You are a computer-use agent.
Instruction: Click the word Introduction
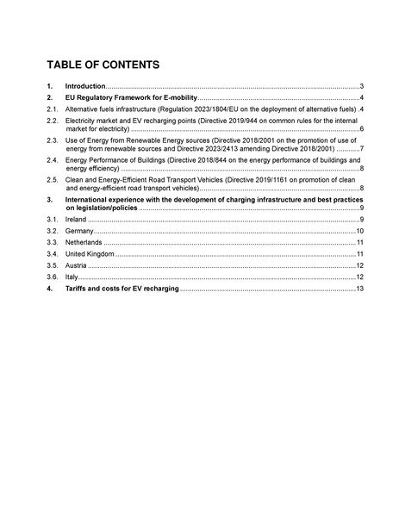tap(85, 87)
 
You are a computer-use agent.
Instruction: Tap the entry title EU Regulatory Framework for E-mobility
tap(132, 99)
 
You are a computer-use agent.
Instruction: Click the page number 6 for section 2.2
tap(360, 130)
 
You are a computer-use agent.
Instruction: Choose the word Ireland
tap(78, 221)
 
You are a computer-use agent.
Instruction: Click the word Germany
tap(80, 233)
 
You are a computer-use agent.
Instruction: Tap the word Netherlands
tap(84, 244)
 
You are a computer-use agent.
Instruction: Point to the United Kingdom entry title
tap(90, 256)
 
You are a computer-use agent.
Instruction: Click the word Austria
tap(77, 267)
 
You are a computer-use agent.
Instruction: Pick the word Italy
tap(72, 278)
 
